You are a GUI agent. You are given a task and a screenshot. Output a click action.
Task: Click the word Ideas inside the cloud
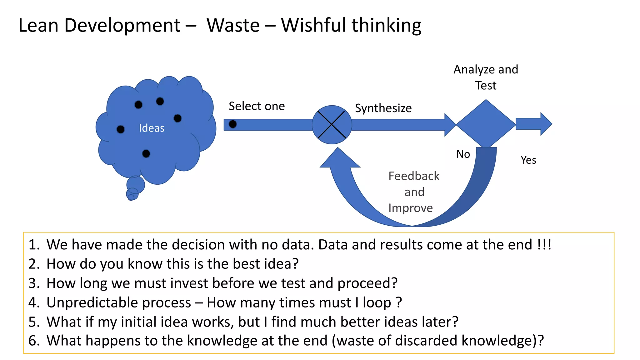click(152, 128)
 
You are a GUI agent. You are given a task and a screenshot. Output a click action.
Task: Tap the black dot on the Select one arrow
click(233, 124)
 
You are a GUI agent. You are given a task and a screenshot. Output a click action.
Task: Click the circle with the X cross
click(332, 125)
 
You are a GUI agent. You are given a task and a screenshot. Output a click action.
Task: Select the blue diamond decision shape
click(486, 124)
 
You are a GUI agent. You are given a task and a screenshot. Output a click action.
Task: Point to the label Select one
click(257, 106)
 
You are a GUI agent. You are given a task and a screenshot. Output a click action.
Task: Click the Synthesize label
click(383, 108)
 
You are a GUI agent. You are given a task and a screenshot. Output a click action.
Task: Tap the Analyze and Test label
click(486, 77)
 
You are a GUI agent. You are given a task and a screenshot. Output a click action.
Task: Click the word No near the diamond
click(463, 154)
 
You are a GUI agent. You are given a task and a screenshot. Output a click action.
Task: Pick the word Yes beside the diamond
click(528, 160)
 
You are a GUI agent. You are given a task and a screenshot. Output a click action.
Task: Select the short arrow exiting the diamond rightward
click(533, 124)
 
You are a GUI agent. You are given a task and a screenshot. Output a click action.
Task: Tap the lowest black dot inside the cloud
click(146, 154)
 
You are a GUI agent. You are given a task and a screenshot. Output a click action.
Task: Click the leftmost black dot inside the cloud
click(120, 129)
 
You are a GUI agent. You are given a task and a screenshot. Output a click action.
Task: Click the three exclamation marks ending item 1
click(544, 244)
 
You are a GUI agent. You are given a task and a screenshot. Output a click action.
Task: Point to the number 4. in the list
click(34, 302)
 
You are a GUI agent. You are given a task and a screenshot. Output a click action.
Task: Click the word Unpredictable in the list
click(119, 302)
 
